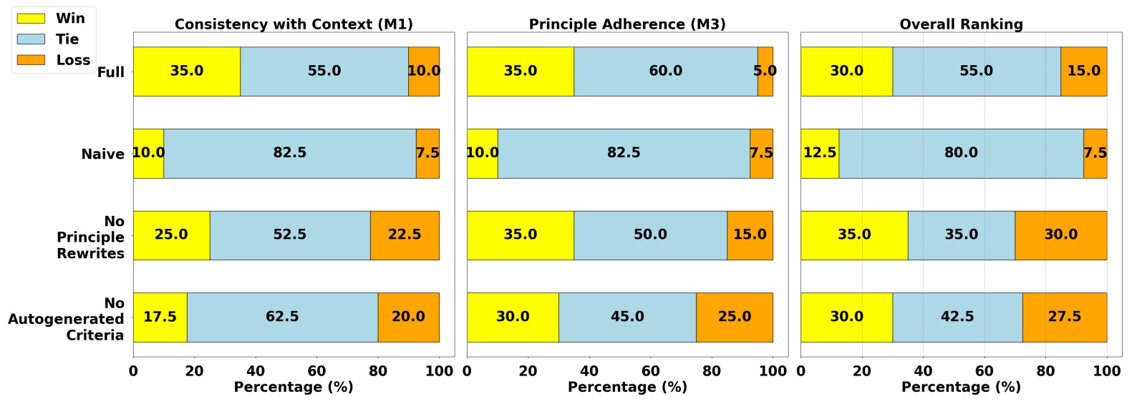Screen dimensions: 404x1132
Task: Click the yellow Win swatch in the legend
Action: point(31,19)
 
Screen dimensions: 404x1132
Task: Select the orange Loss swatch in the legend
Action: point(31,60)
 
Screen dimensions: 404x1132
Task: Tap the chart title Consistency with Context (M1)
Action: point(294,24)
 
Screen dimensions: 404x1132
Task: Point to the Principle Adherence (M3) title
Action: point(627,24)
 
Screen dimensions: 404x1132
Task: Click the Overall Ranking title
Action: point(961,24)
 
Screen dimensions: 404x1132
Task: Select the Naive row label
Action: point(102,154)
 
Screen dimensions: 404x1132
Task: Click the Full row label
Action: point(110,72)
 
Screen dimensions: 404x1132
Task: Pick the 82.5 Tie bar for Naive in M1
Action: point(290,153)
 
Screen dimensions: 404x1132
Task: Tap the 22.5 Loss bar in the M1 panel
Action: point(405,235)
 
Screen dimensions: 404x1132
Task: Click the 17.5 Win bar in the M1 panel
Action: point(160,317)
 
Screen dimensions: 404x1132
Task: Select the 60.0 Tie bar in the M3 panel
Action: point(665,72)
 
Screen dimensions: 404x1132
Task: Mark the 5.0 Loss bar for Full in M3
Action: point(765,72)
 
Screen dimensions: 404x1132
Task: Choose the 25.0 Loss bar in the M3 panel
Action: point(735,317)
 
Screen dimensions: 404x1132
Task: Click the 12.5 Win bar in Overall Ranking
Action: point(820,153)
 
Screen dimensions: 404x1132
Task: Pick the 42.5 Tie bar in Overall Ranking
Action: point(957,317)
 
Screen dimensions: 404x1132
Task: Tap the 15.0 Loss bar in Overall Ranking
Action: point(1083,72)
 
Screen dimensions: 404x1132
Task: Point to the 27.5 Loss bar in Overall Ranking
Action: point(1065,317)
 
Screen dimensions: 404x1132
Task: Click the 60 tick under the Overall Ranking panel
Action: point(985,371)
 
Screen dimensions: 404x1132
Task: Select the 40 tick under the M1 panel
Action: point(256,371)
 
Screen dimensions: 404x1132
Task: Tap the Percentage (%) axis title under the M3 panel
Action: point(627,387)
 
